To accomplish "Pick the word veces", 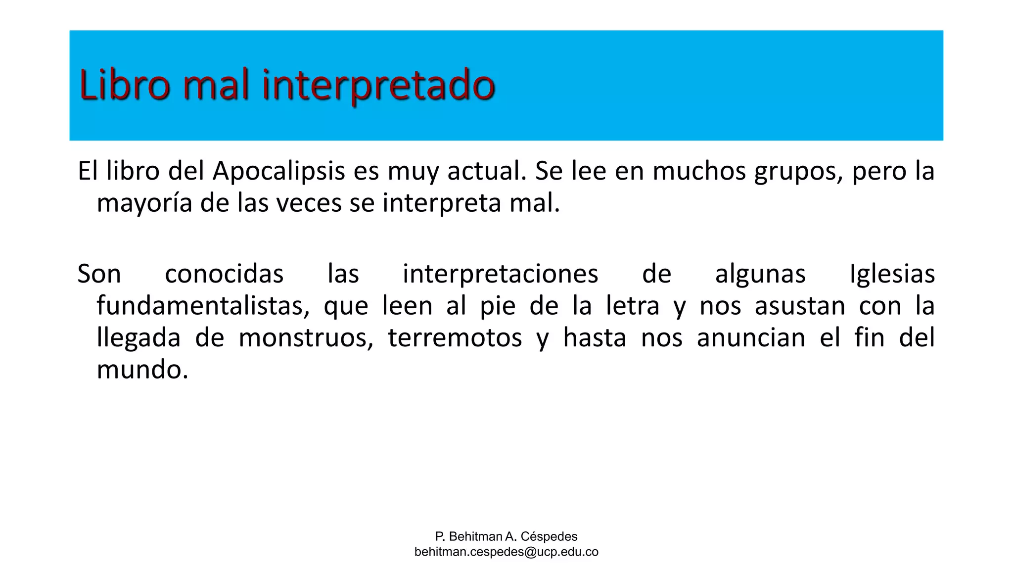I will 309,203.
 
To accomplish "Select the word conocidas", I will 224,274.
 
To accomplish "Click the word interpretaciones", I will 500,274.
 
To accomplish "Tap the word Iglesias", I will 892,274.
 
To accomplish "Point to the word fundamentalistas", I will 203,306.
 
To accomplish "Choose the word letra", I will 633,306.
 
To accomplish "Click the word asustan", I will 800,306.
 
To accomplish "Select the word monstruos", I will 306,338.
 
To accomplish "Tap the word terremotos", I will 455,338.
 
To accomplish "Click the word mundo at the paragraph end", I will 142,370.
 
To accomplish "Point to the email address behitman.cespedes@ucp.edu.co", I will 506,552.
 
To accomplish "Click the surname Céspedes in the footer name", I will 549,536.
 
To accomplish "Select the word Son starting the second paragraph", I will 99,274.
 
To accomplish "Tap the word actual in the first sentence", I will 487,172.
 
